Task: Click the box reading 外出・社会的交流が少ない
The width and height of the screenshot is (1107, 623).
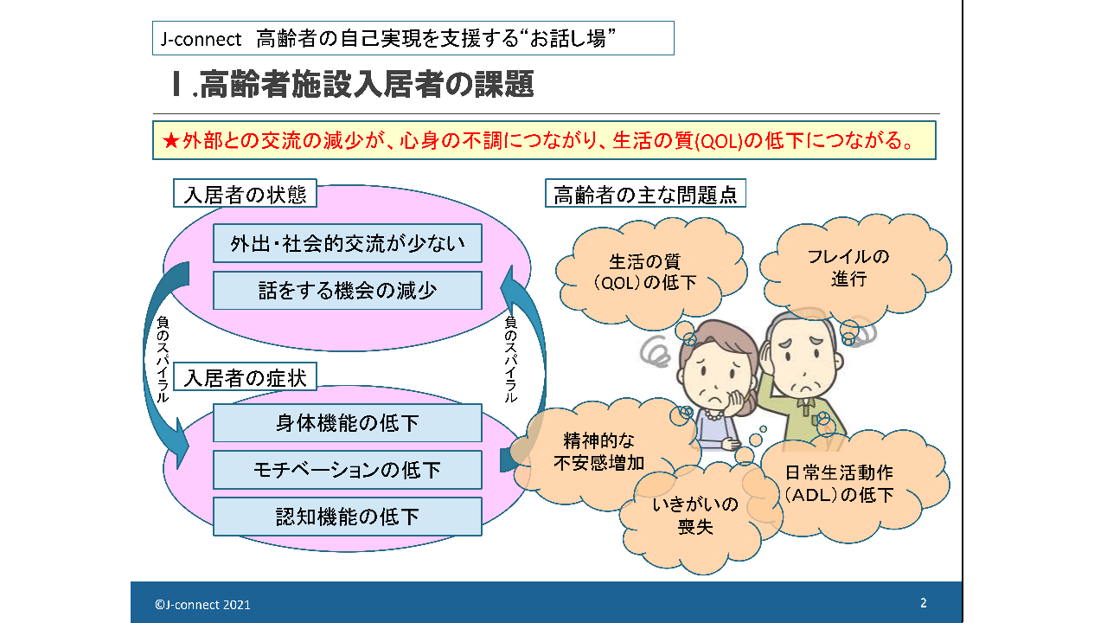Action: (x=348, y=243)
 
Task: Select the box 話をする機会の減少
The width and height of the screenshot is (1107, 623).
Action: (x=348, y=290)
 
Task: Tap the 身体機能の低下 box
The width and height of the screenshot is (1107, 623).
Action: (x=348, y=423)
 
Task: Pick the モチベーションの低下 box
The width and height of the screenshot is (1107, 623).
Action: (x=348, y=470)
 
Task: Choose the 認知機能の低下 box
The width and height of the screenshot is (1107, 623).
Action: (x=348, y=517)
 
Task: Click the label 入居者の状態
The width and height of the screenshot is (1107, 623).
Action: (x=245, y=193)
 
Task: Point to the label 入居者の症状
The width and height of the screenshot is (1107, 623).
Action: (x=245, y=377)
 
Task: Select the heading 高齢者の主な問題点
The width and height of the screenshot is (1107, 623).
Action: (x=645, y=193)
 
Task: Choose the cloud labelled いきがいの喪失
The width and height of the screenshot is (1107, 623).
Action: (x=696, y=517)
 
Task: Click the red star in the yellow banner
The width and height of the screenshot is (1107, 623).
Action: (x=171, y=141)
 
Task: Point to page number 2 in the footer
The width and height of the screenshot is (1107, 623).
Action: (x=923, y=603)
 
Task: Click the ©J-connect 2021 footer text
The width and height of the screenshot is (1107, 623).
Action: (x=202, y=605)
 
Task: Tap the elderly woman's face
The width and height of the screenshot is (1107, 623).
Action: (x=715, y=378)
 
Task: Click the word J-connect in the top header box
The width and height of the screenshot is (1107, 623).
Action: (x=201, y=39)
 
